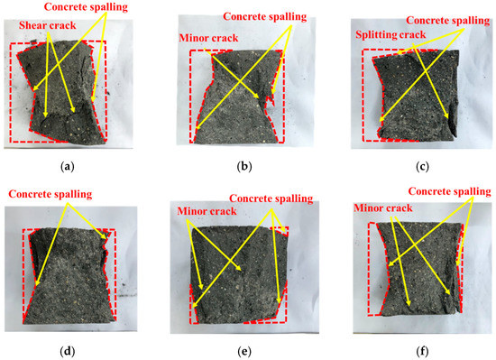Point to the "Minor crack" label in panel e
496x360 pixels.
click(x=198, y=210)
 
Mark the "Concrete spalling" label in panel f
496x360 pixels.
click(x=449, y=191)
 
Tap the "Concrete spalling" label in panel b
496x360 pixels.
click(x=278, y=16)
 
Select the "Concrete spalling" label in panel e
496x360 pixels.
click(x=271, y=198)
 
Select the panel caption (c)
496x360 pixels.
click(x=413, y=167)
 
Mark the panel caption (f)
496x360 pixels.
click(x=413, y=344)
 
